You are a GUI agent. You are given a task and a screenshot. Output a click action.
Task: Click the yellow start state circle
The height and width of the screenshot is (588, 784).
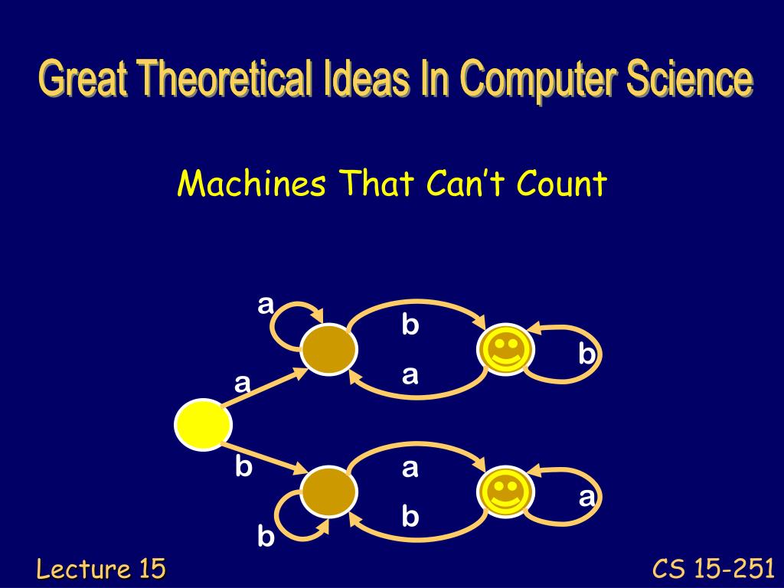203,424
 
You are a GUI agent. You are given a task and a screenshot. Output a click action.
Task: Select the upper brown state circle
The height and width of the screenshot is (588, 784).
329,349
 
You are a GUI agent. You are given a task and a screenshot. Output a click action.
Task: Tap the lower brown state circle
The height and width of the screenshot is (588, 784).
329,491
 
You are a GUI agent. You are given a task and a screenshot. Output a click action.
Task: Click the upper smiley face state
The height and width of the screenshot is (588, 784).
505,349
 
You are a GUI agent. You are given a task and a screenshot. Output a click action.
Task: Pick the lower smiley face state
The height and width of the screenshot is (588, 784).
505,492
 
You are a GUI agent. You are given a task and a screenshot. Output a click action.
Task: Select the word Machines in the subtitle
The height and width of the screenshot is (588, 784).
252,183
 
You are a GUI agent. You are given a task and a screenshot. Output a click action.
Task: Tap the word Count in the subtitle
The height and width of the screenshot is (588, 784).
562,183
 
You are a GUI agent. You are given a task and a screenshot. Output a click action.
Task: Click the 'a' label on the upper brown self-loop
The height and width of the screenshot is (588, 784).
266,304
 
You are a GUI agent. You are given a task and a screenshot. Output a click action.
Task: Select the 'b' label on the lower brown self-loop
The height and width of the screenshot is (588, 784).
266,537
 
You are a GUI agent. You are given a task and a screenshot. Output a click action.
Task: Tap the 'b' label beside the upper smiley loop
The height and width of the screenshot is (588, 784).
587,354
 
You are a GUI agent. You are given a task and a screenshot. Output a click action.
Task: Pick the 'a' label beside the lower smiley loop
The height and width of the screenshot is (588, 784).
587,498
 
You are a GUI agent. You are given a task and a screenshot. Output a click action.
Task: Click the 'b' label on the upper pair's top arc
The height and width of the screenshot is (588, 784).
410,324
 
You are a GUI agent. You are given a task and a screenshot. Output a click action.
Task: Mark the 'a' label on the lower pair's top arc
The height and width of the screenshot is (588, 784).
410,468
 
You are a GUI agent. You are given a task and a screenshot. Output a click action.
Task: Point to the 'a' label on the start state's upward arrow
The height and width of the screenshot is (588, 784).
243,384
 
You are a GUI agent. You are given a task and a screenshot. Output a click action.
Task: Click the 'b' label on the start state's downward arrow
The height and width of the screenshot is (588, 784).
243,466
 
